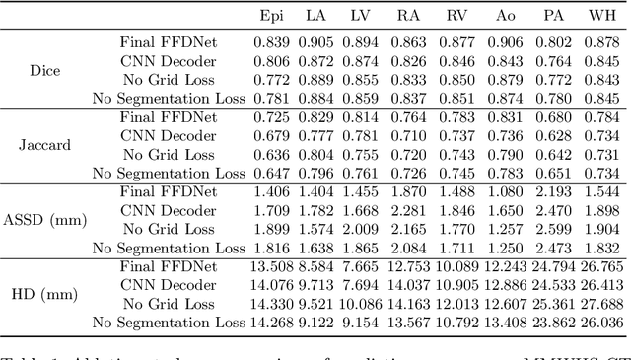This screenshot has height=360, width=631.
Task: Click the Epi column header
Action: [x=271, y=15]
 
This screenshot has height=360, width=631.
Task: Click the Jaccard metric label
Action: [x=45, y=146]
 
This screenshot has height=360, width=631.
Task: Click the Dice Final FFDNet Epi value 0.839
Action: [x=271, y=42]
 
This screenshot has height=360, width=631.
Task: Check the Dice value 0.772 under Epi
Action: [x=271, y=80]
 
